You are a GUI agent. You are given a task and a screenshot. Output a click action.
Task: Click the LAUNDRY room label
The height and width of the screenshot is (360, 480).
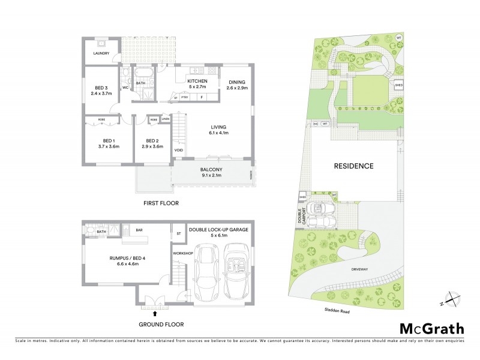(101, 53)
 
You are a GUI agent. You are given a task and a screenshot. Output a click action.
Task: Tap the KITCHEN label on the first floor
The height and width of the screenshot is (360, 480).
(197, 81)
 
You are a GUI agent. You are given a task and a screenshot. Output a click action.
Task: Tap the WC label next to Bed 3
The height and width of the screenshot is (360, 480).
(126, 88)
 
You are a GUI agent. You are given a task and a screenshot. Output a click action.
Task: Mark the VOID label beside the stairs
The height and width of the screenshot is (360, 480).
(179, 150)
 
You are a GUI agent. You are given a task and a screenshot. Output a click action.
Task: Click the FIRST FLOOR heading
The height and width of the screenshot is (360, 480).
(161, 203)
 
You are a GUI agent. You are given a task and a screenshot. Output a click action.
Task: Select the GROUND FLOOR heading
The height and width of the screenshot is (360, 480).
(161, 325)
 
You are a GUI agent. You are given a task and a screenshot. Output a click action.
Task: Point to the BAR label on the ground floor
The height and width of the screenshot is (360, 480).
(139, 229)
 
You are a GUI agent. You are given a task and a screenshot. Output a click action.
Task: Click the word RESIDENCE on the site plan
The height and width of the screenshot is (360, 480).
(353, 166)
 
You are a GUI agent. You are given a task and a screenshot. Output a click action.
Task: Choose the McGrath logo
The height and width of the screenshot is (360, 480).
(431, 328)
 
